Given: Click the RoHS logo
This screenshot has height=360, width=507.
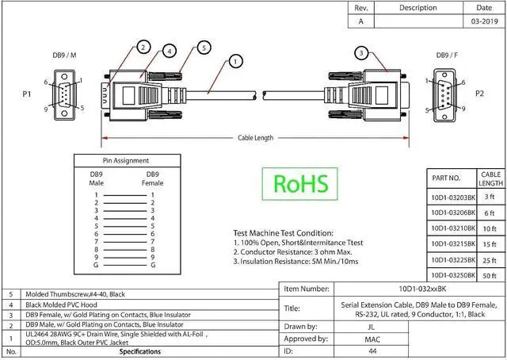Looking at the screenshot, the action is coord(299,183).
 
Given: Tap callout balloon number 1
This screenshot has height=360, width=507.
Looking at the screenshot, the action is coord(235,61).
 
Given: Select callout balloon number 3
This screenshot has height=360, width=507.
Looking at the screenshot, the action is coord(361,53).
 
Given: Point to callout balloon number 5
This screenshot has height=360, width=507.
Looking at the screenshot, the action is coord(204,48).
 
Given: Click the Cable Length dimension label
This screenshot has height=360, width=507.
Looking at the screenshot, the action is coord(255,138).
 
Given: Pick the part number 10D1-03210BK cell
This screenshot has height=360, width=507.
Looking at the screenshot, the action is coord(453,228).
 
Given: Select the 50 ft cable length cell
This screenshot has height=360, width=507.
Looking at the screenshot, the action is coord(490,276).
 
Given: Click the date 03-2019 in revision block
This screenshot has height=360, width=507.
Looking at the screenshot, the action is coord(484,21).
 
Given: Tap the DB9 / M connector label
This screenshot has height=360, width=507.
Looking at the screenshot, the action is coord(64,56).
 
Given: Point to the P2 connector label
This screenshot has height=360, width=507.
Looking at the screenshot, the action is coord(479,94).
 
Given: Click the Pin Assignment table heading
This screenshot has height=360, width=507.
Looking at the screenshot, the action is coord(126,161).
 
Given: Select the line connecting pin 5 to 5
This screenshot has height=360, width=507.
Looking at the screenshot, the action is coord(125,226).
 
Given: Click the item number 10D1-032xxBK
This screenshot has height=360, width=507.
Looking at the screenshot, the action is coord(422,289).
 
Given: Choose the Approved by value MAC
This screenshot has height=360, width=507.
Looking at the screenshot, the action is coord(372,339).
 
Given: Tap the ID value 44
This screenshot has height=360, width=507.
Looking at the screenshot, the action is coord(372,351).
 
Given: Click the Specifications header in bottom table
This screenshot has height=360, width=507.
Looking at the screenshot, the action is coord(140,351).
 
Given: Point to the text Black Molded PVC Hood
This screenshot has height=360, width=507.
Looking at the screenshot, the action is coord(62,305).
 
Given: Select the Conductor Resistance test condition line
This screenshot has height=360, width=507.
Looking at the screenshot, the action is coord(292,252).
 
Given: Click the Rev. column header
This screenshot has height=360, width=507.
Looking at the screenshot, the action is coord(361,8).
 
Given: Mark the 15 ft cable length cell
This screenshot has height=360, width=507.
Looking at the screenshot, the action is coord(490,244).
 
